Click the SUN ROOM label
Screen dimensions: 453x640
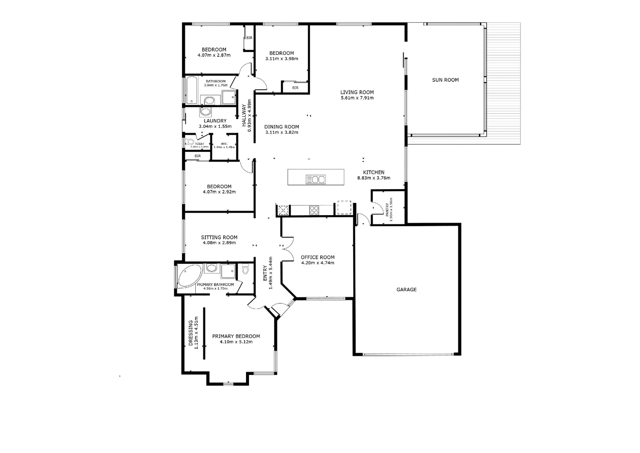tap(445, 80)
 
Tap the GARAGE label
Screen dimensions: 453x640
tap(407, 289)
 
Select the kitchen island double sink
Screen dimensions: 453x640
tap(316, 180)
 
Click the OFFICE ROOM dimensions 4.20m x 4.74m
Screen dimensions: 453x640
tap(317, 263)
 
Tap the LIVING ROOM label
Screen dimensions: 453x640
tap(357, 92)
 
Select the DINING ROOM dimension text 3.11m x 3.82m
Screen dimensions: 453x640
tap(281, 133)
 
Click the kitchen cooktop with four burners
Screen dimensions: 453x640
tap(314, 210)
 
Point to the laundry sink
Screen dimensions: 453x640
tap(206, 112)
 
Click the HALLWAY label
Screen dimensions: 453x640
tap(244, 115)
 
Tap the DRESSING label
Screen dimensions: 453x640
tap(191, 333)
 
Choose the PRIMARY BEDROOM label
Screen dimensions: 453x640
tap(236, 336)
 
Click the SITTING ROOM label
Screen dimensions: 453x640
tap(219, 237)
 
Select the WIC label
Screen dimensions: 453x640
tap(224, 143)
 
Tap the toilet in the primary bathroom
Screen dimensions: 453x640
tap(245, 269)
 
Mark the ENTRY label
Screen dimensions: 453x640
tap(265, 273)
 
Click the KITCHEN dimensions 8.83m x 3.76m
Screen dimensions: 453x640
tap(373, 178)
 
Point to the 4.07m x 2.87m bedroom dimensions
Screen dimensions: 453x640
tap(214, 55)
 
